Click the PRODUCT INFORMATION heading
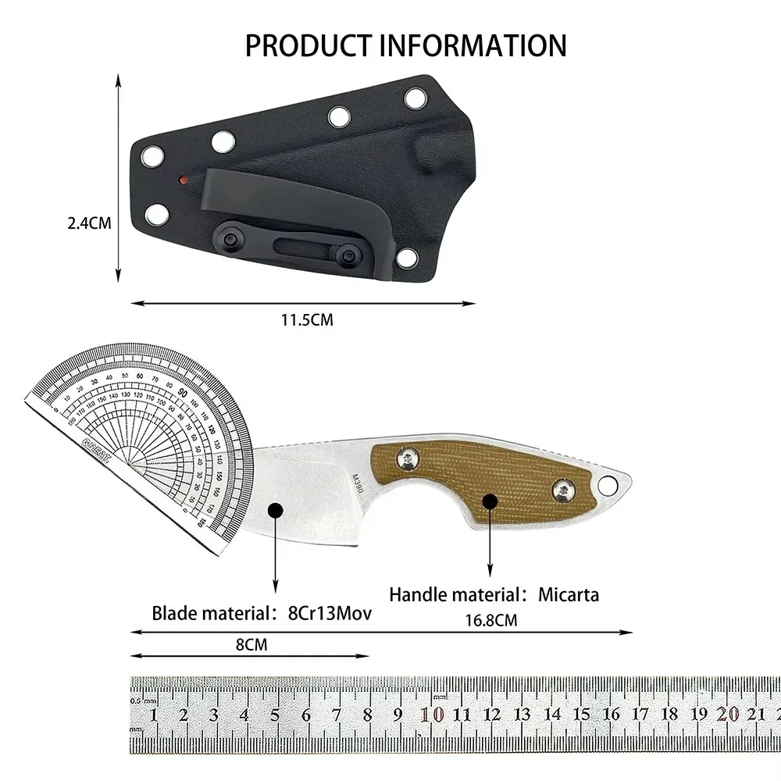point(405,45)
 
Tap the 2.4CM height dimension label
point(89,223)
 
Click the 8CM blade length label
point(249,644)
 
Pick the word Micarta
point(569,594)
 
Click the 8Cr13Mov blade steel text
point(327,613)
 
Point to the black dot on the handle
point(489,501)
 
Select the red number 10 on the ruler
point(432,714)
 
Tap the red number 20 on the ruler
point(729,713)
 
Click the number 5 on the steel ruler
point(275,715)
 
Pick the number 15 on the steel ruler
point(582,713)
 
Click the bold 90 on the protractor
point(183,393)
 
